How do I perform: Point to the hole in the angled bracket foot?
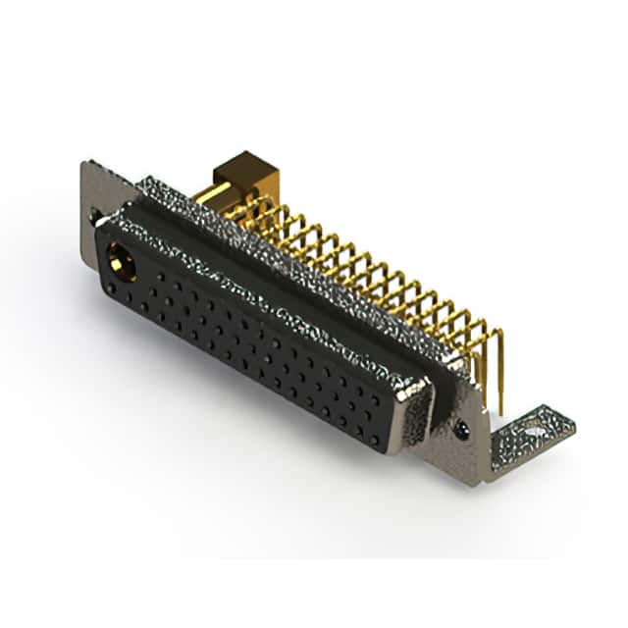point(535,429)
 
